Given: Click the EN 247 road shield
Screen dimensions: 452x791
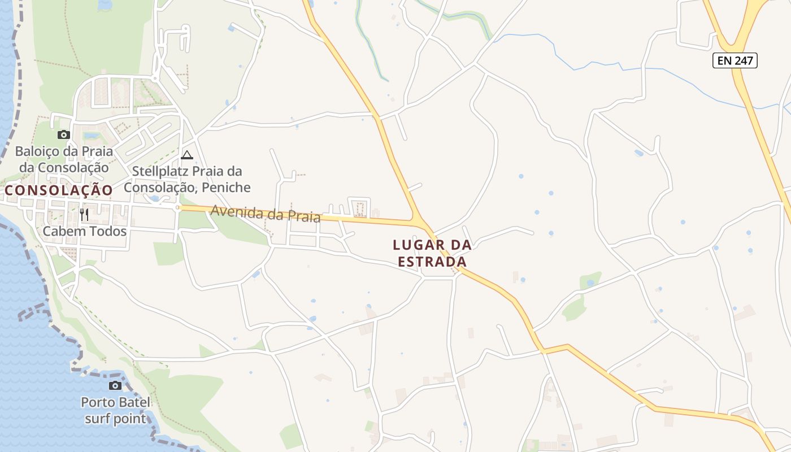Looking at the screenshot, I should pos(734,60).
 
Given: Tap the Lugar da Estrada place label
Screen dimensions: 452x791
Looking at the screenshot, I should pos(432,253).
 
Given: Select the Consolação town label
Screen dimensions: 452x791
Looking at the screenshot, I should pos(59,190).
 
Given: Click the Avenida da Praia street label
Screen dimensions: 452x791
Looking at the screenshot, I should pos(266,214).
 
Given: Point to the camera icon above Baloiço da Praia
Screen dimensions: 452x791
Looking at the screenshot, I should pos(63,134).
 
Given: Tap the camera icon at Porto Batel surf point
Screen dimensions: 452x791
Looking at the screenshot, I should pos(115,385).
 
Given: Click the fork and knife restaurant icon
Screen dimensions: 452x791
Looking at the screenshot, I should pos(84,214).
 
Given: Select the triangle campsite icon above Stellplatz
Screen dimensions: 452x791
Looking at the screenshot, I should pos(187,155).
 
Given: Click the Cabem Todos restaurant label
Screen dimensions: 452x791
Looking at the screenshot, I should pos(85,231).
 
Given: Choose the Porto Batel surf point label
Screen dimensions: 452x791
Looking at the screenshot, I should pos(116,411).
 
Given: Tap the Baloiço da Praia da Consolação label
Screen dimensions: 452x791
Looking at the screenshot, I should pos(64,159).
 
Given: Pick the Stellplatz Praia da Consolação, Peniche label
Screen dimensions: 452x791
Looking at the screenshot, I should pos(187,179).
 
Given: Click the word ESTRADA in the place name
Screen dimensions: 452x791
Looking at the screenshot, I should pos(432,262).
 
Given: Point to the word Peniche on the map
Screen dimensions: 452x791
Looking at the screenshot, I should pos(228,187).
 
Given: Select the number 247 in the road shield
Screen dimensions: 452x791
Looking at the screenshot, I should pos(744,60).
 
